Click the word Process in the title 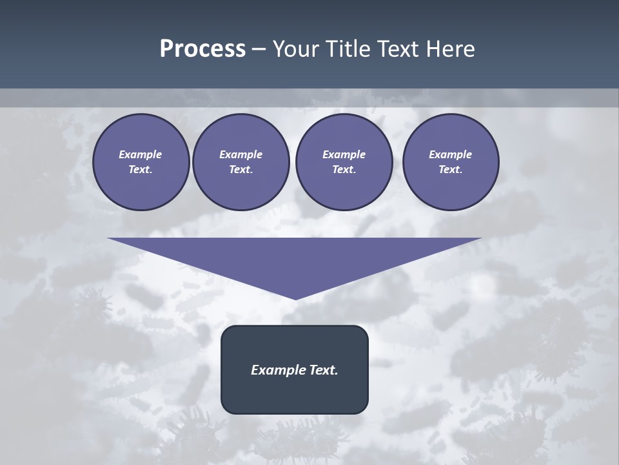coord(202,49)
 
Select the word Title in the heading coord(348,49)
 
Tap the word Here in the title coord(451,49)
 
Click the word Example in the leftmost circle coord(141,154)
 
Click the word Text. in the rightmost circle coord(451,169)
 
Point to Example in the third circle coord(344,154)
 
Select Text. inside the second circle coord(241,169)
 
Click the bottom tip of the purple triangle coord(296,298)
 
